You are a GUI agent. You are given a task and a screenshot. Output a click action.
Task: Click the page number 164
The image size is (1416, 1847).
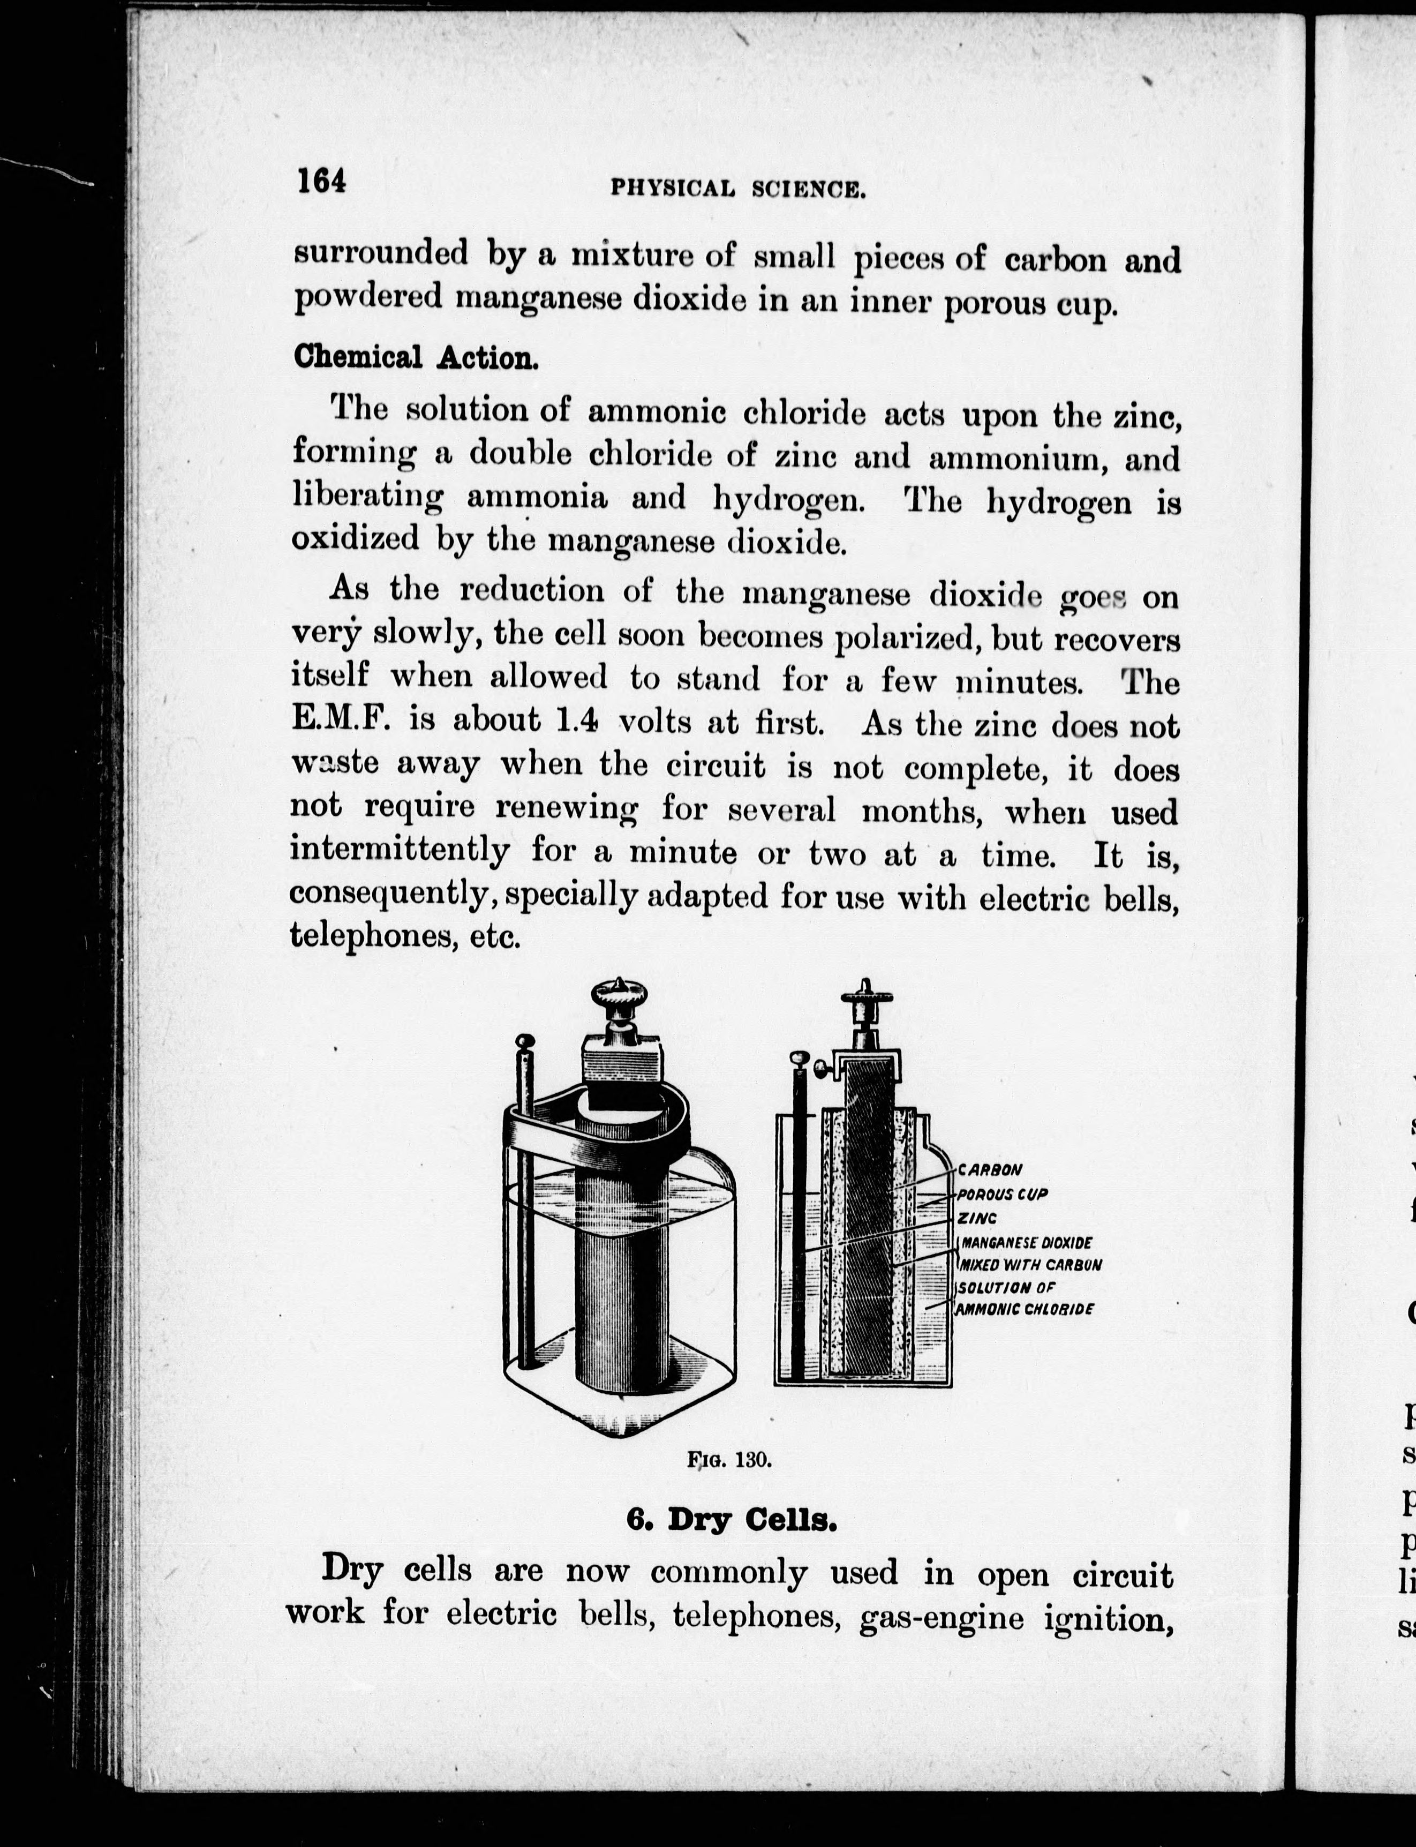pos(321,181)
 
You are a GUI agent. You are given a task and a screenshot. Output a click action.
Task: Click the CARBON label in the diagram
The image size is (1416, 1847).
pos(990,1170)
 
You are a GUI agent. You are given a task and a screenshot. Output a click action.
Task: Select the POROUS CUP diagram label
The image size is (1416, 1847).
pos(1002,1195)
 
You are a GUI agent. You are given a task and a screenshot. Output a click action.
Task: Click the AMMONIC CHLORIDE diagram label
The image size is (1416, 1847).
pos(1025,1309)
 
